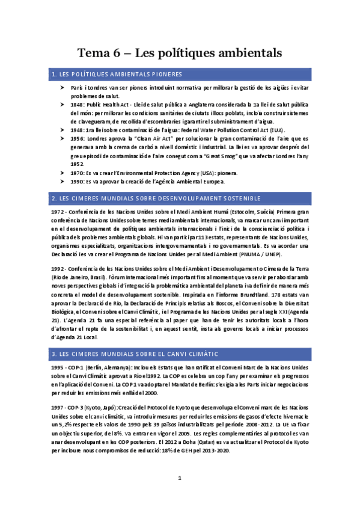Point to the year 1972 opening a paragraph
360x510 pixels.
click(59, 212)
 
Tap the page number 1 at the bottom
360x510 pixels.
click(180, 478)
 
